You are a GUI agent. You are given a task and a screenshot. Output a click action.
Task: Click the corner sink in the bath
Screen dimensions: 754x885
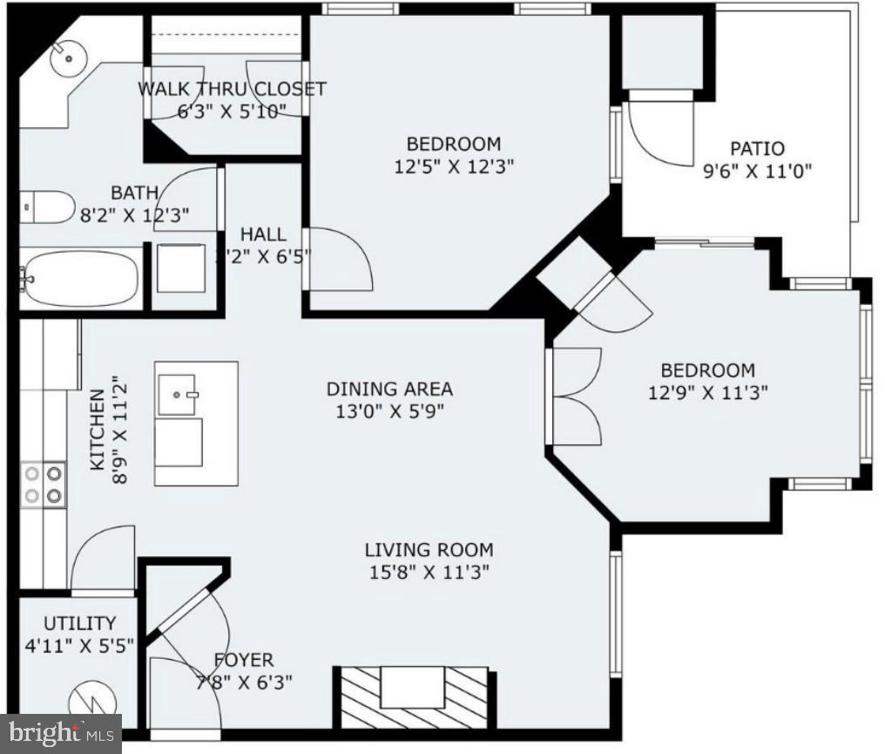[64, 58]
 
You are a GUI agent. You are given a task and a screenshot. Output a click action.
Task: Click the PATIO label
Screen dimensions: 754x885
[757, 149]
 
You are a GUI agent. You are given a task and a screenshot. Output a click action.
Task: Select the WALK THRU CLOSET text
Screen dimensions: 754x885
[232, 89]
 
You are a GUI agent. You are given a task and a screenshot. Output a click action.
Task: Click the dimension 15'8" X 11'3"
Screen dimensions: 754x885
[428, 573]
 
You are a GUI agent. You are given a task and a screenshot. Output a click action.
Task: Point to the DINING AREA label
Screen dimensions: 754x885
[389, 389]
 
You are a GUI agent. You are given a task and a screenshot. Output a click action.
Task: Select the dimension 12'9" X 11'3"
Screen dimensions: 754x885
[707, 392]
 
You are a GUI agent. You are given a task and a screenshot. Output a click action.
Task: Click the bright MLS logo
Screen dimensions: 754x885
[60, 734]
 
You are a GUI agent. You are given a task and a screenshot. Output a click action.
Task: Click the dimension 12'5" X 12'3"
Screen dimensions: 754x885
[453, 166]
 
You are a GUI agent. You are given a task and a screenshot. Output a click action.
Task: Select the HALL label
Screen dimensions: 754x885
[262, 234]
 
